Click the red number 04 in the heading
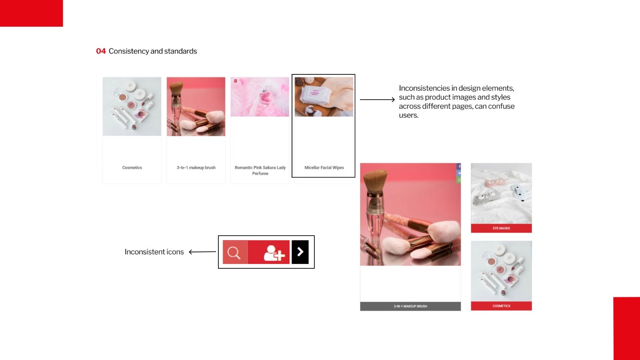(x=101, y=51)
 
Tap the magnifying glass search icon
(x=234, y=252)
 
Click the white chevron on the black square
(x=300, y=252)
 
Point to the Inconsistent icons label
(x=154, y=252)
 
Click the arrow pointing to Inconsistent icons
(x=202, y=252)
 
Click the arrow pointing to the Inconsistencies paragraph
(x=378, y=100)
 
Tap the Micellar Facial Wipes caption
(x=324, y=168)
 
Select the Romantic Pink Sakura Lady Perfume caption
(x=260, y=170)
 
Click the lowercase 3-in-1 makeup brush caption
(x=196, y=168)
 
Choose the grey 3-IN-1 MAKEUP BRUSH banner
(x=410, y=306)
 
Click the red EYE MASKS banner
(x=501, y=228)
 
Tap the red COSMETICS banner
(x=501, y=306)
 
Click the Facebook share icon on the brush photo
(x=459, y=166)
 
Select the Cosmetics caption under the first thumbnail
(x=132, y=168)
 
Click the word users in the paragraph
(x=408, y=115)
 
